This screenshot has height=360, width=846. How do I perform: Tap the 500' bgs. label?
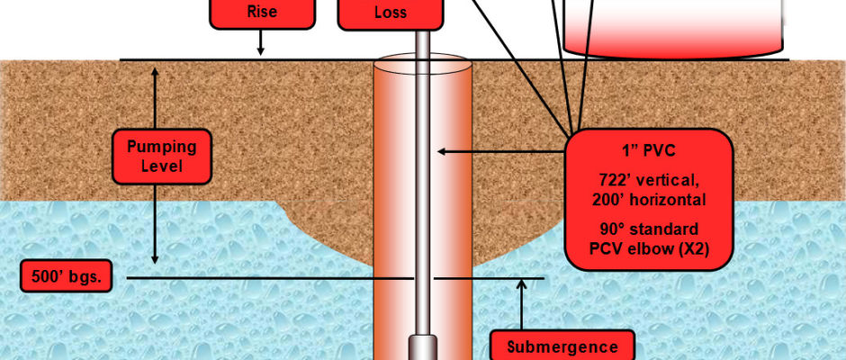(x=67, y=278)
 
